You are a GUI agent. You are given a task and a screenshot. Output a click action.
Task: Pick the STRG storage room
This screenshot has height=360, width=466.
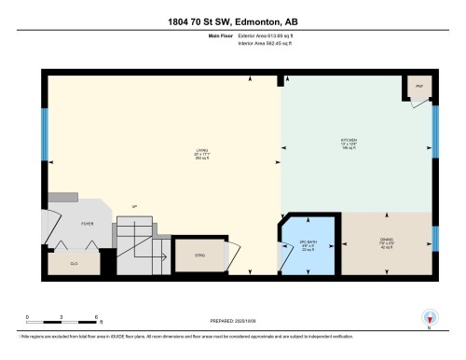coord(199,255)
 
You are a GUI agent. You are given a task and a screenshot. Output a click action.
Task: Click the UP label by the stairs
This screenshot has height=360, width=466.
coord(135,206)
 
